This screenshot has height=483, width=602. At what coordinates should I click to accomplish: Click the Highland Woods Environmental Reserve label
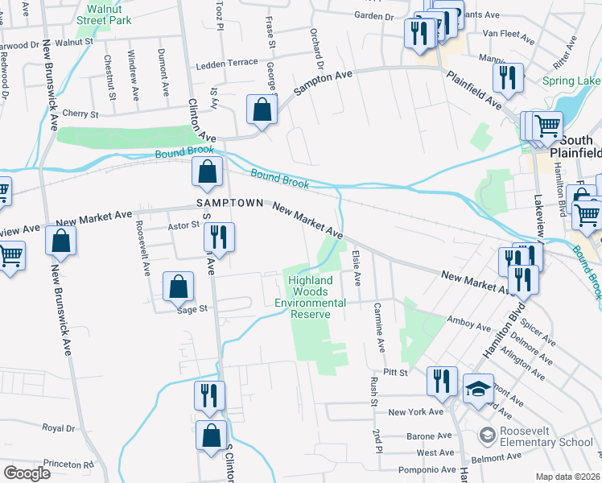tap(311, 297)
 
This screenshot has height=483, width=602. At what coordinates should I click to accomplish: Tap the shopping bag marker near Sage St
tap(178, 286)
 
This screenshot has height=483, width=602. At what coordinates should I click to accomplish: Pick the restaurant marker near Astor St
tap(218, 237)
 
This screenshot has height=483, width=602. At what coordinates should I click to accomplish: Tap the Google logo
tap(27, 473)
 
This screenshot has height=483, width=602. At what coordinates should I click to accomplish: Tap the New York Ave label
tap(415, 412)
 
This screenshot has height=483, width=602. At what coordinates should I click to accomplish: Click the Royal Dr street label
tap(59, 427)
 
